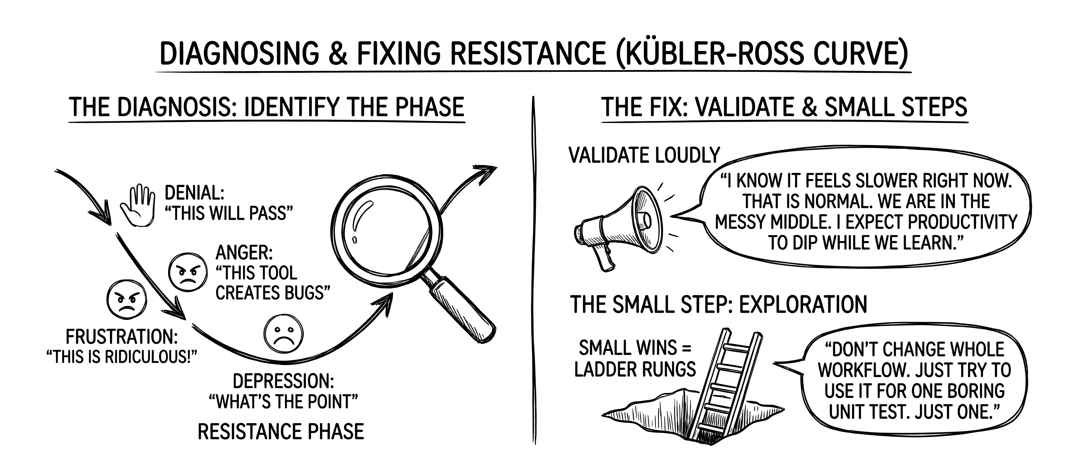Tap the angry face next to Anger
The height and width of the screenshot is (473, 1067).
click(x=187, y=272)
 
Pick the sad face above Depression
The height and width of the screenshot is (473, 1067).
click(x=284, y=334)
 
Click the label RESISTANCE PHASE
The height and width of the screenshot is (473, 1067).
click(x=280, y=432)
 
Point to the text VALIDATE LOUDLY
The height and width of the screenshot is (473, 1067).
click(x=645, y=155)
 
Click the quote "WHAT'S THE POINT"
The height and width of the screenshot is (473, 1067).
click(x=283, y=402)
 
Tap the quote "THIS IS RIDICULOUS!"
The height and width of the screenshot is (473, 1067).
click(x=121, y=356)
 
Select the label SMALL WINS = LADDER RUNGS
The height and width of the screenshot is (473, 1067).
click(x=635, y=358)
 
